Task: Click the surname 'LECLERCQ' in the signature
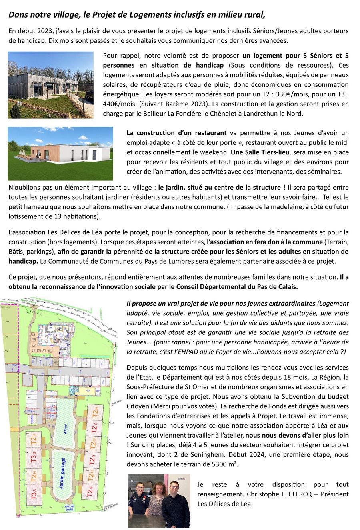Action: point(296,494)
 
